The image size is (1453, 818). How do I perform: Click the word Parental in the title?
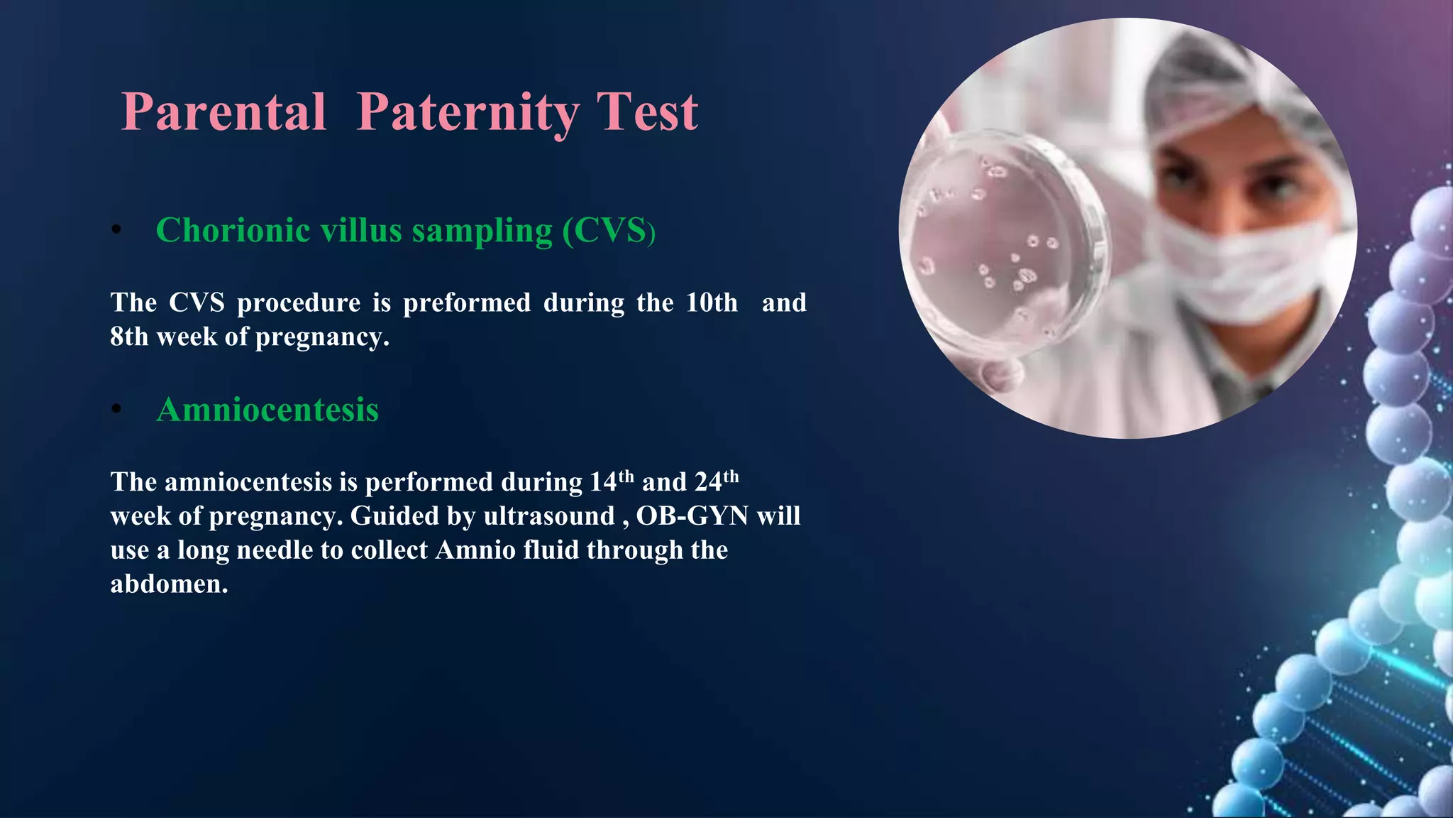coord(223,112)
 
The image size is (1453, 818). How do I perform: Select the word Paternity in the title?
coord(468,112)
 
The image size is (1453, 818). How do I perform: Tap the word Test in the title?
coord(647,112)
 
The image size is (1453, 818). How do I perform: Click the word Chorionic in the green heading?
coord(232,231)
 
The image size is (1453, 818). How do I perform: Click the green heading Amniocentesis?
coord(267,410)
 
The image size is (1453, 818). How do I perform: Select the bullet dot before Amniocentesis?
coord(117,410)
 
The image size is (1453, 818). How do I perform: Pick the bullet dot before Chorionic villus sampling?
coord(117,230)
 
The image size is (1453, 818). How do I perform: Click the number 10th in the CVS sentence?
coord(712,303)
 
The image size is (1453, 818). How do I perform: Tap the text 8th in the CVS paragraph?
coord(129,337)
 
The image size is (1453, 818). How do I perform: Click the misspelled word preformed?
coord(466,303)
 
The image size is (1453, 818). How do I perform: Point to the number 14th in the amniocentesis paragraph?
coord(612,482)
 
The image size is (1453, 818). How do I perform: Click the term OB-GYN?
coord(692,516)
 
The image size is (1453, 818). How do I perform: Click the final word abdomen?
coord(169,584)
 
